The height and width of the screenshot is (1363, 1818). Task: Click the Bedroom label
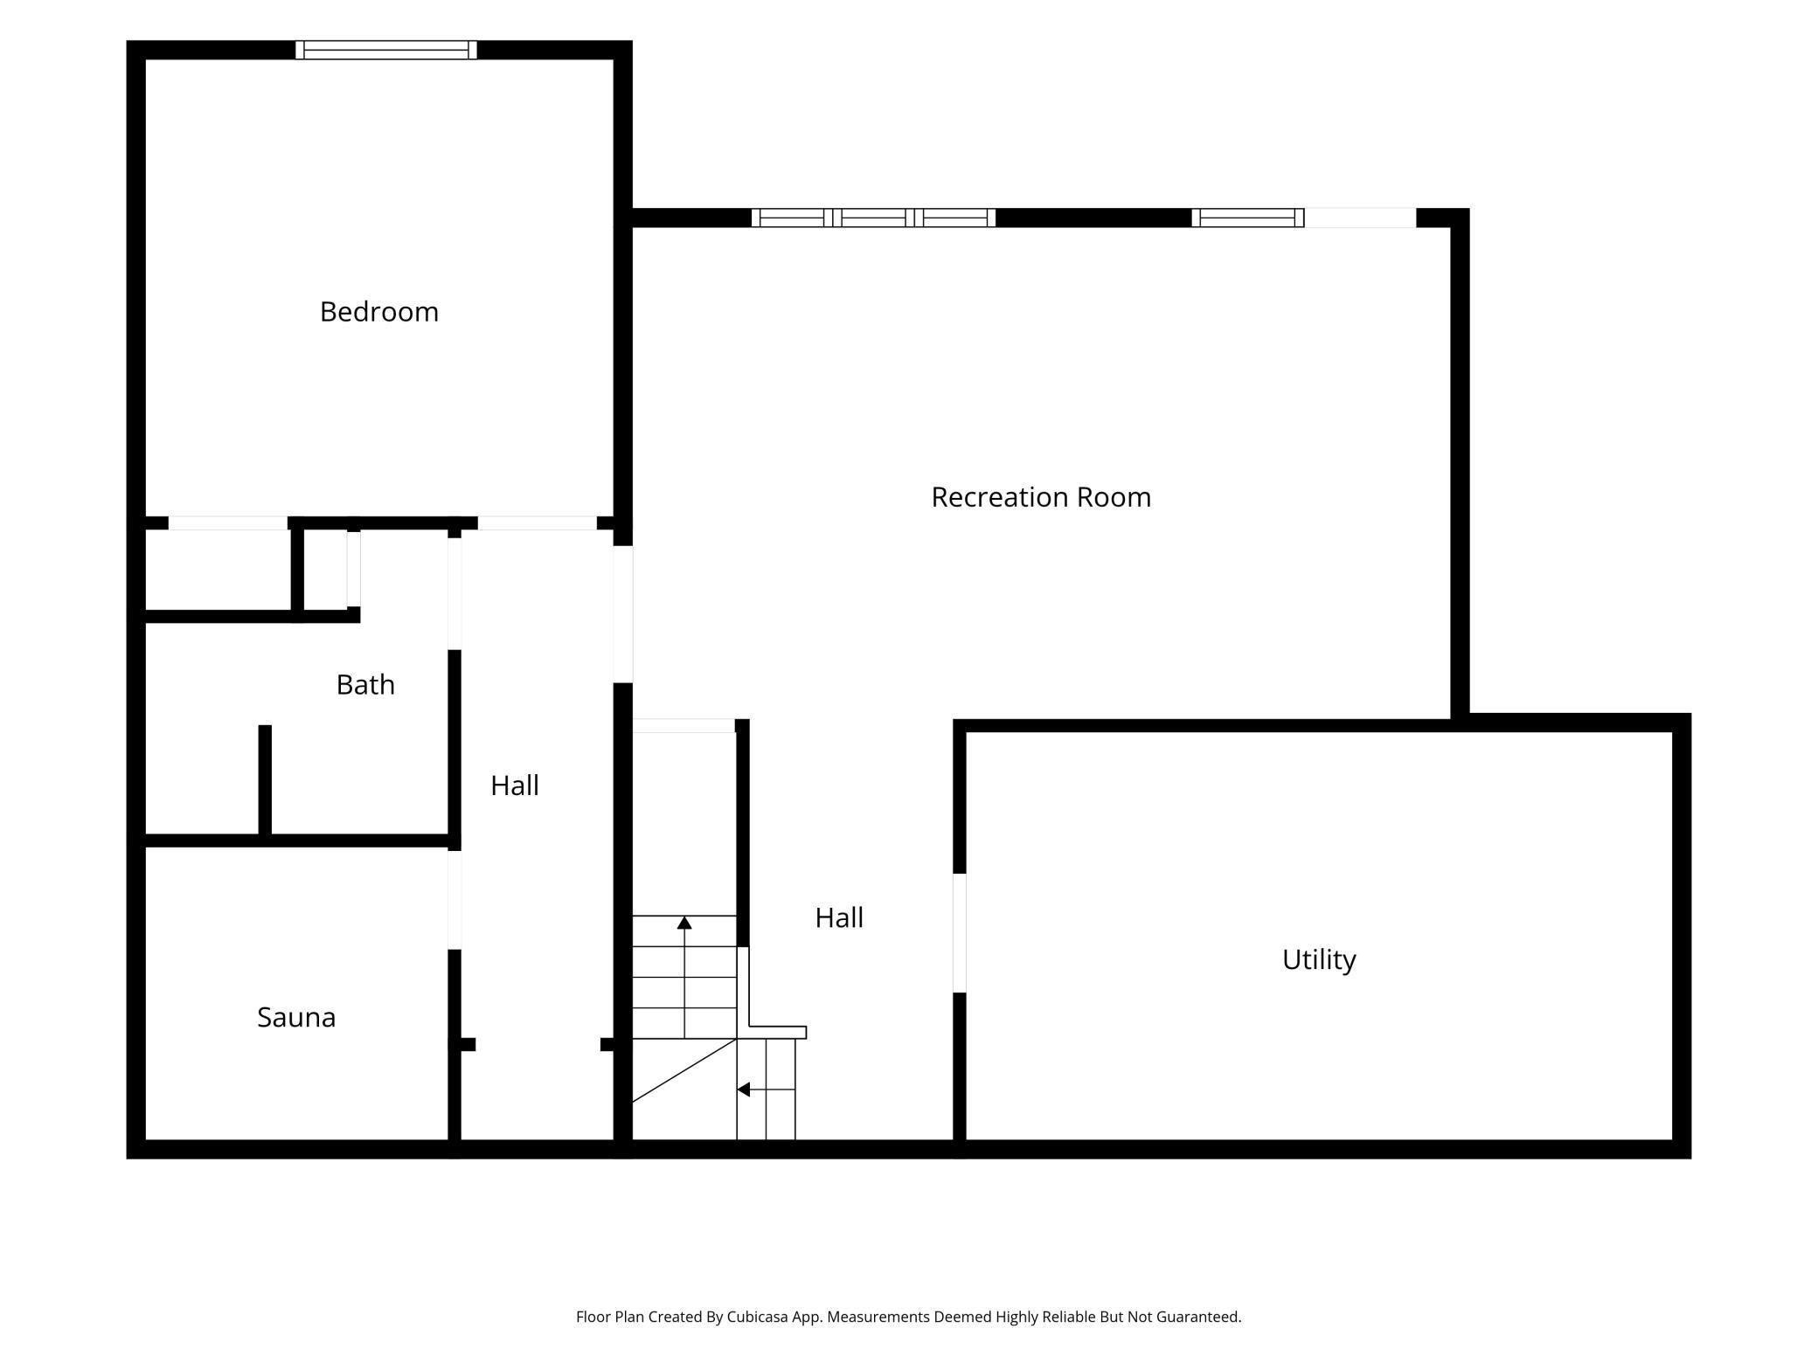378,312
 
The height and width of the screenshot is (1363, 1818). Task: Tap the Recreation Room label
1041,497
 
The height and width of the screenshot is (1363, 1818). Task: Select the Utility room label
1319,960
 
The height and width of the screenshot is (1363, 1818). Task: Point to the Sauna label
296,1017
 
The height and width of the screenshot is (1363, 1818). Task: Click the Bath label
365,684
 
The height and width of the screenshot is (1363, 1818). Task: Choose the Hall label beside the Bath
515,785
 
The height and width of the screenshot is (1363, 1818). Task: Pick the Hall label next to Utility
839,917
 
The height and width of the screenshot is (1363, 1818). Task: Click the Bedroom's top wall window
386,50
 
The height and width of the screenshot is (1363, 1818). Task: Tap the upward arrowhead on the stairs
684,923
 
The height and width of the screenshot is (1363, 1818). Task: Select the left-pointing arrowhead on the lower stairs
743,1090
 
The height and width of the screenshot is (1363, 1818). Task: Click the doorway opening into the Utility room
960,933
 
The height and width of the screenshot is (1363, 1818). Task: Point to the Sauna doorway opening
454,900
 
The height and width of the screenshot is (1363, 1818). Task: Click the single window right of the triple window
1248,218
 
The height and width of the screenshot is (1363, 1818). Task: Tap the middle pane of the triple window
873,218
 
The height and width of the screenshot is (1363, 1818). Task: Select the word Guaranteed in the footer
1198,1317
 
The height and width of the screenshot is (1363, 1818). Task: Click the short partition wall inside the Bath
265,779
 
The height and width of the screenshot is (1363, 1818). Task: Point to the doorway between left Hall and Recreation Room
623,614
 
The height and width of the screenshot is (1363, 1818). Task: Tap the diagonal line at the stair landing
684,1070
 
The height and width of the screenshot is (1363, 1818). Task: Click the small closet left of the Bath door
325,570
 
